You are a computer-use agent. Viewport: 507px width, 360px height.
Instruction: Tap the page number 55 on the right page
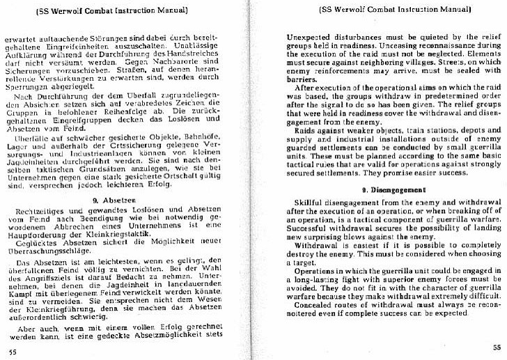click(495, 348)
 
